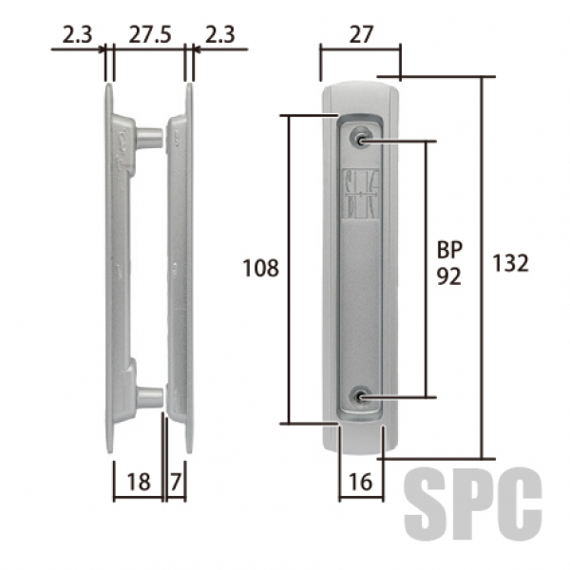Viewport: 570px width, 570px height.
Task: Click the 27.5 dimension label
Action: tap(150, 35)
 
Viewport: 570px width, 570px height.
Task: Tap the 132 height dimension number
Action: tap(510, 263)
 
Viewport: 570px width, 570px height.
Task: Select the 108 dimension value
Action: tap(260, 268)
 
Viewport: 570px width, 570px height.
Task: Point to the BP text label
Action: tap(449, 250)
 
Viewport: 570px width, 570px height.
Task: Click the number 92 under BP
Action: tap(449, 276)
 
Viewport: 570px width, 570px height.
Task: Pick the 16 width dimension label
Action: tap(361, 482)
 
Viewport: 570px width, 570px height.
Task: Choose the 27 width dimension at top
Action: tap(361, 35)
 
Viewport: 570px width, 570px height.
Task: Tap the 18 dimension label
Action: tap(139, 482)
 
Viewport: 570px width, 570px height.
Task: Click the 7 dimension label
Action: tap(176, 482)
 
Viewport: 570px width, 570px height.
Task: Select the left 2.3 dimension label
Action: tap(78, 35)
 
